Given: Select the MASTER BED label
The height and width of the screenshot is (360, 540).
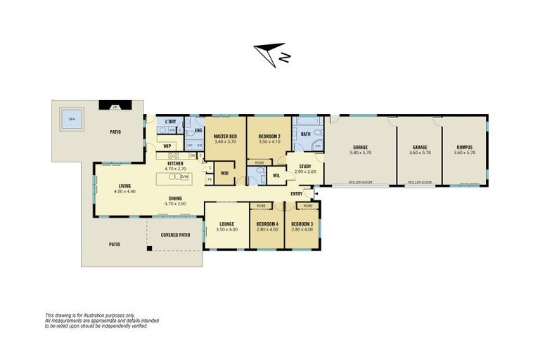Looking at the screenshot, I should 225,136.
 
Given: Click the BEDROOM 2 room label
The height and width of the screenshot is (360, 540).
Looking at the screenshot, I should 269,136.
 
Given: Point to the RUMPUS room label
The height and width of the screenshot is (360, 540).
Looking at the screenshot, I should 464,147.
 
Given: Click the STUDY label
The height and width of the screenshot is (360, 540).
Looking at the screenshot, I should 304,167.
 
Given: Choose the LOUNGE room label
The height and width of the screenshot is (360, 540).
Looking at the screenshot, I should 226,224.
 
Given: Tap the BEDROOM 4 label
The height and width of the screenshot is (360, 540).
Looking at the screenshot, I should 266,224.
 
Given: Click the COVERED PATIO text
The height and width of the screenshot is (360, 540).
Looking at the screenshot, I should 175,235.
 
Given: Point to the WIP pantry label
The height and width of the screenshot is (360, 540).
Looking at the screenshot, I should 167,146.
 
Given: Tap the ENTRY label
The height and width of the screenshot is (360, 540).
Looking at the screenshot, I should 297,194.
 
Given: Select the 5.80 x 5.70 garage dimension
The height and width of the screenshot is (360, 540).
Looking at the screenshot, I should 361,153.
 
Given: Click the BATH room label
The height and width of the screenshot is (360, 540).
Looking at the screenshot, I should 306,134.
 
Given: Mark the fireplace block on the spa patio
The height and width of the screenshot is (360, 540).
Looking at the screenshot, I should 110,106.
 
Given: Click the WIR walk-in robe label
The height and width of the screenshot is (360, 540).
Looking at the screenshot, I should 225,172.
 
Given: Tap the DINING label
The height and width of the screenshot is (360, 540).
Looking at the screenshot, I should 174,198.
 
